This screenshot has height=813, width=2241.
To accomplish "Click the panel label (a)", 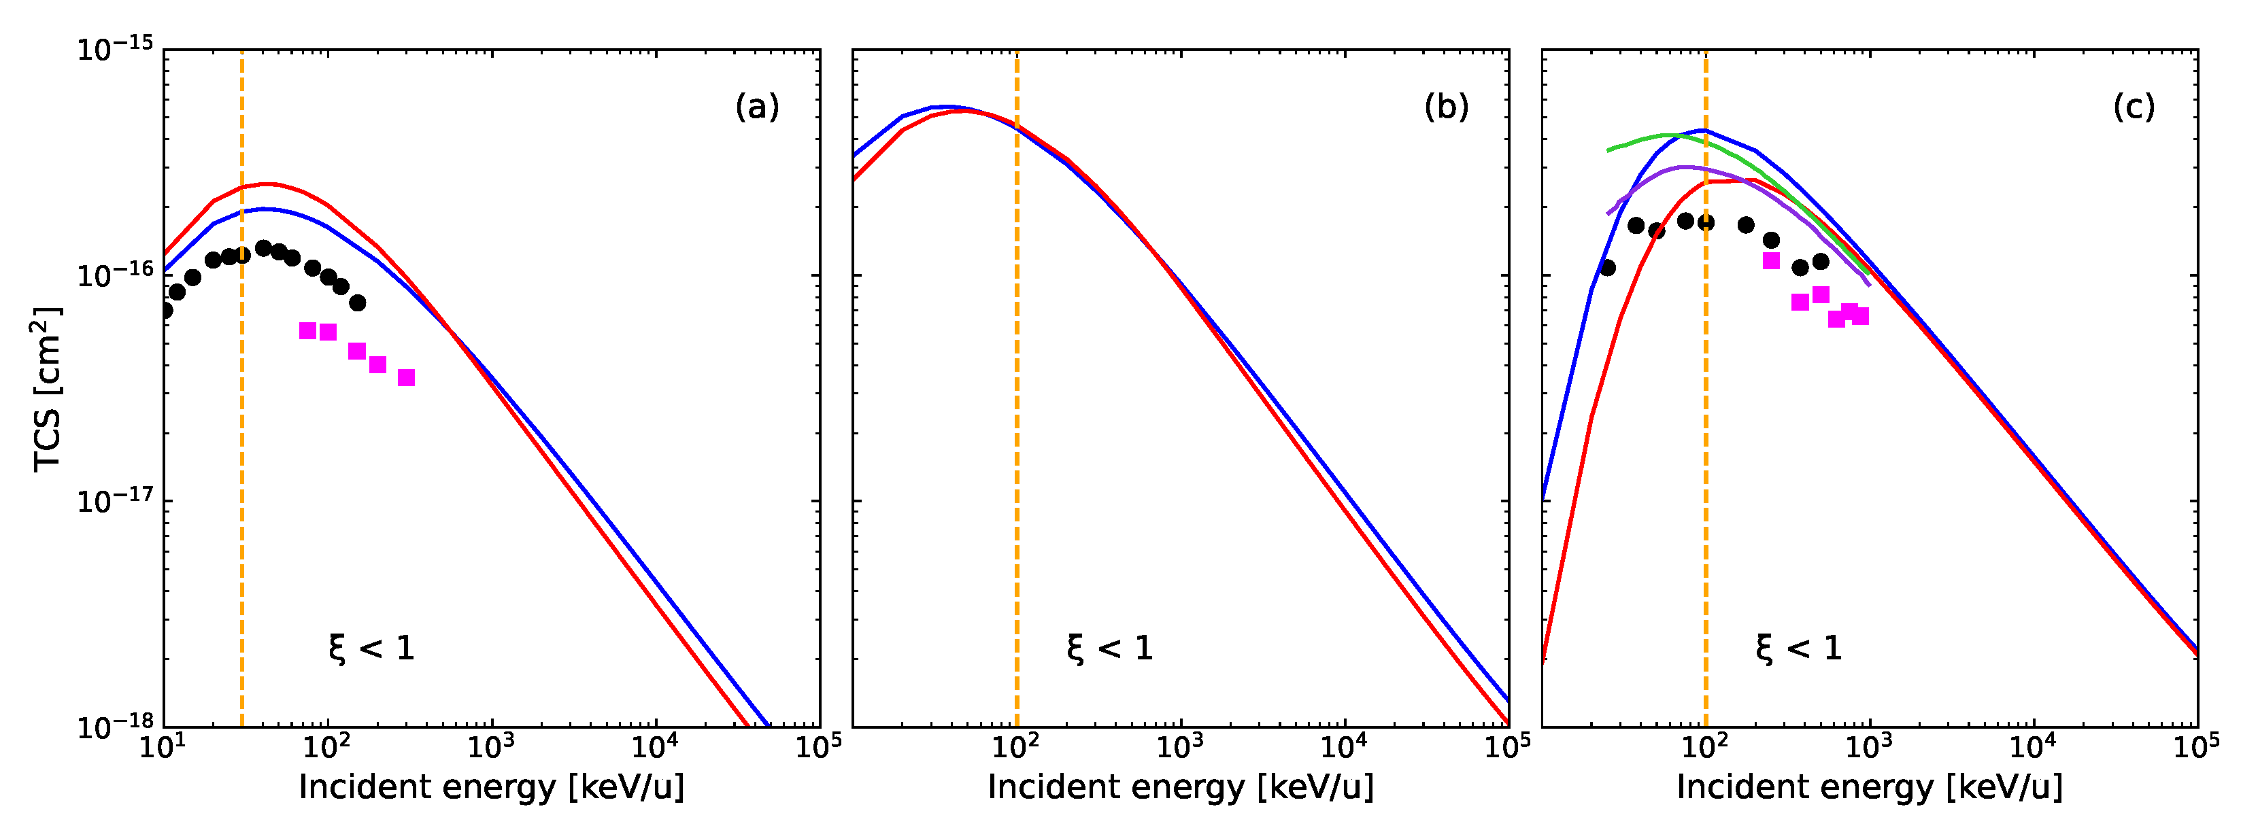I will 757,107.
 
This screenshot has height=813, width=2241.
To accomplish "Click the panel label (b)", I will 1446,107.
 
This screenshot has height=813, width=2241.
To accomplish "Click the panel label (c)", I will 2134,107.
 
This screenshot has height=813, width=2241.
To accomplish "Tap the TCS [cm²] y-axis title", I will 47,389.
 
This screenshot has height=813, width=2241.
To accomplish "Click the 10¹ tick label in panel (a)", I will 162,746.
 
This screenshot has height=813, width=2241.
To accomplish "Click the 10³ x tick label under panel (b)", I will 1179,746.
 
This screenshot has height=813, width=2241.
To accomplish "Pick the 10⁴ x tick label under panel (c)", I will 2032,746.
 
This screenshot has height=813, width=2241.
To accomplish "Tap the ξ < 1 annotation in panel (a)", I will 371,648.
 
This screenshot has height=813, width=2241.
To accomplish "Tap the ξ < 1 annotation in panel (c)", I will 1798,648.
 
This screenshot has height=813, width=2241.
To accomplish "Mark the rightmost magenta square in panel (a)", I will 406,377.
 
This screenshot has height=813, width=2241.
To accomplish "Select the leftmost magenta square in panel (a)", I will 307,330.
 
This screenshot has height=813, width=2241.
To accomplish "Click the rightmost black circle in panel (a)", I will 358,302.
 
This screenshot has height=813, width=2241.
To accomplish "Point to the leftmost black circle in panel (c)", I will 1607,268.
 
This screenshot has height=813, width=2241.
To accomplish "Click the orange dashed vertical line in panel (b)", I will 1016,435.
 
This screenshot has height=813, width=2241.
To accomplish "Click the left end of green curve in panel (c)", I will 1608,150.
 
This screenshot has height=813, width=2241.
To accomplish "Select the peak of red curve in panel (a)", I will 268,184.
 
